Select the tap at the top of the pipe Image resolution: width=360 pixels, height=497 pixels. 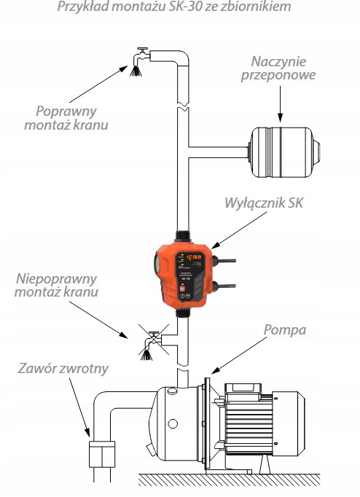pos(138,58)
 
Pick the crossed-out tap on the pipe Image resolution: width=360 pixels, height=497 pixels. pos(152,341)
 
